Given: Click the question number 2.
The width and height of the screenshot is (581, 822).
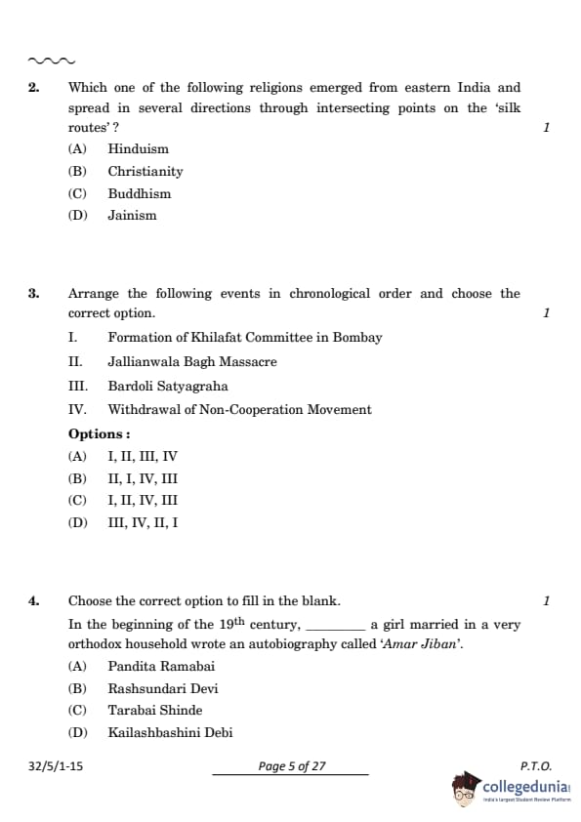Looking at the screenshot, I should tap(33, 88).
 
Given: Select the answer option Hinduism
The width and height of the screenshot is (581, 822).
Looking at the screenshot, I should tap(138, 149).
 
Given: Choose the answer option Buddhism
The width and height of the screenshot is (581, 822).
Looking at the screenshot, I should tap(139, 193).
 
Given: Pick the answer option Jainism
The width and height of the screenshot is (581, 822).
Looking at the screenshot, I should tap(132, 216).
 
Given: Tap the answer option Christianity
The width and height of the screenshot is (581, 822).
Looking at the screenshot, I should tap(145, 172).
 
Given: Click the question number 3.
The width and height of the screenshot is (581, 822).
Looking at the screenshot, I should tap(33, 294).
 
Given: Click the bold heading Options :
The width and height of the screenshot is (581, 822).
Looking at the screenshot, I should tap(99, 434).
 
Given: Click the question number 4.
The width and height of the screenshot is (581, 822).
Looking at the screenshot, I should tap(33, 601).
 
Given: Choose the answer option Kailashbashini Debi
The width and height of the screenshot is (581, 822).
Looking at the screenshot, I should tap(170, 733).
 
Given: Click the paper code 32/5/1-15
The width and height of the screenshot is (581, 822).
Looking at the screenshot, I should tap(56, 767).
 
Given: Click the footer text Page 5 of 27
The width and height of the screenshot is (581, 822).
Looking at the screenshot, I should tap(291, 767).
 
